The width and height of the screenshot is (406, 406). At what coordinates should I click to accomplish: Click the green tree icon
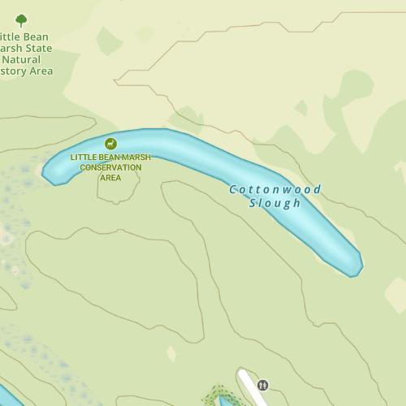21,19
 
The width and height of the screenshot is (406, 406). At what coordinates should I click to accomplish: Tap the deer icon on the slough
110,144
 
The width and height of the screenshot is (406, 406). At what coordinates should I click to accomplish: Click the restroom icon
262,385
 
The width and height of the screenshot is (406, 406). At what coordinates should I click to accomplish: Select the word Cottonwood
275,189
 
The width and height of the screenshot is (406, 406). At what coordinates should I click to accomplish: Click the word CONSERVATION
110,167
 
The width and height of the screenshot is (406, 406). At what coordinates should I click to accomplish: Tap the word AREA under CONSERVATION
110,177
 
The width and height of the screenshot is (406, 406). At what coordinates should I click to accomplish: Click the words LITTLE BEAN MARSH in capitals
110,158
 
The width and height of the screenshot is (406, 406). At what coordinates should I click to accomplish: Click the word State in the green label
37,48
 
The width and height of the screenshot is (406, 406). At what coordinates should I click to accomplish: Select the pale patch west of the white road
171,353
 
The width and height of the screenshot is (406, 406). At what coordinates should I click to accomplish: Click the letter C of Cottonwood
233,189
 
